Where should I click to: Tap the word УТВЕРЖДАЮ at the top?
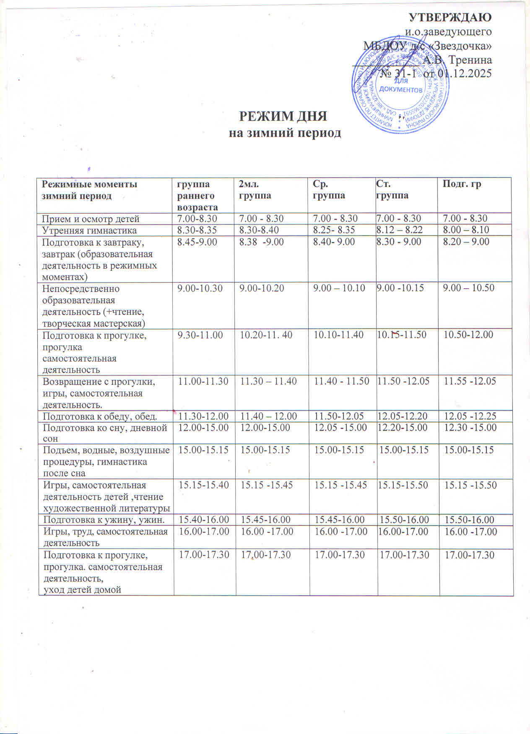[450, 17]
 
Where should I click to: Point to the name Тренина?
[470, 59]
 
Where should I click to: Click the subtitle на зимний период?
[284, 133]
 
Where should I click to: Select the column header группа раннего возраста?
[197, 195]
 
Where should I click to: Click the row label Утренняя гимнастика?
[89, 230]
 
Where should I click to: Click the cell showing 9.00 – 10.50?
[465, 288]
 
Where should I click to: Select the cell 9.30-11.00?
[200, 335]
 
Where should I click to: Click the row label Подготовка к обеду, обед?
[100, 416]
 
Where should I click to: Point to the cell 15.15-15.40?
[204, 485]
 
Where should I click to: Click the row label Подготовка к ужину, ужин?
[104, 520]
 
